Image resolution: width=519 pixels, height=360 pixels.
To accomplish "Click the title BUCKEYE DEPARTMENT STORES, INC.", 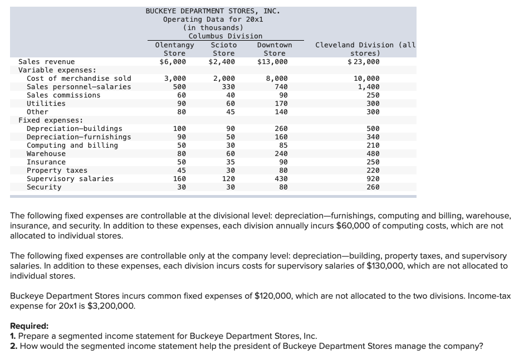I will tap(213, 11).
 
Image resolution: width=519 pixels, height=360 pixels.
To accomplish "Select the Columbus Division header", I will tap(225, 36).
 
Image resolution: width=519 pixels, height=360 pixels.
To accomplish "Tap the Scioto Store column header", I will tap(224, 49).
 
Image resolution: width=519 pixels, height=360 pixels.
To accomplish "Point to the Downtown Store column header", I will tap(275, 49).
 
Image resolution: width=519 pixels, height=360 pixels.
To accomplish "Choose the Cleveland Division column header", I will tap(365, 49).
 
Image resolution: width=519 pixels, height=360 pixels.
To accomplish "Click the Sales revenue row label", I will tap(47, 62).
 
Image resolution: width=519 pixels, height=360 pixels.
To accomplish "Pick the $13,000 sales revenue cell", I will tap(274, 62).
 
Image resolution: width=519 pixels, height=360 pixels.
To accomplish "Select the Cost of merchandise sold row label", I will tap(79, 79).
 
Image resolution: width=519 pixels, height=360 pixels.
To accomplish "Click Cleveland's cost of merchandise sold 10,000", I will tap(368, 79).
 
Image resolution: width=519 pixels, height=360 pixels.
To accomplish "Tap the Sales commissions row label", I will tap(63, 95).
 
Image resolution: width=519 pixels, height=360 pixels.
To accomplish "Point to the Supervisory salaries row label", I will tap(70, 179).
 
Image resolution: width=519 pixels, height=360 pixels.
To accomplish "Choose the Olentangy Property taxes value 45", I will tap(179, 171).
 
